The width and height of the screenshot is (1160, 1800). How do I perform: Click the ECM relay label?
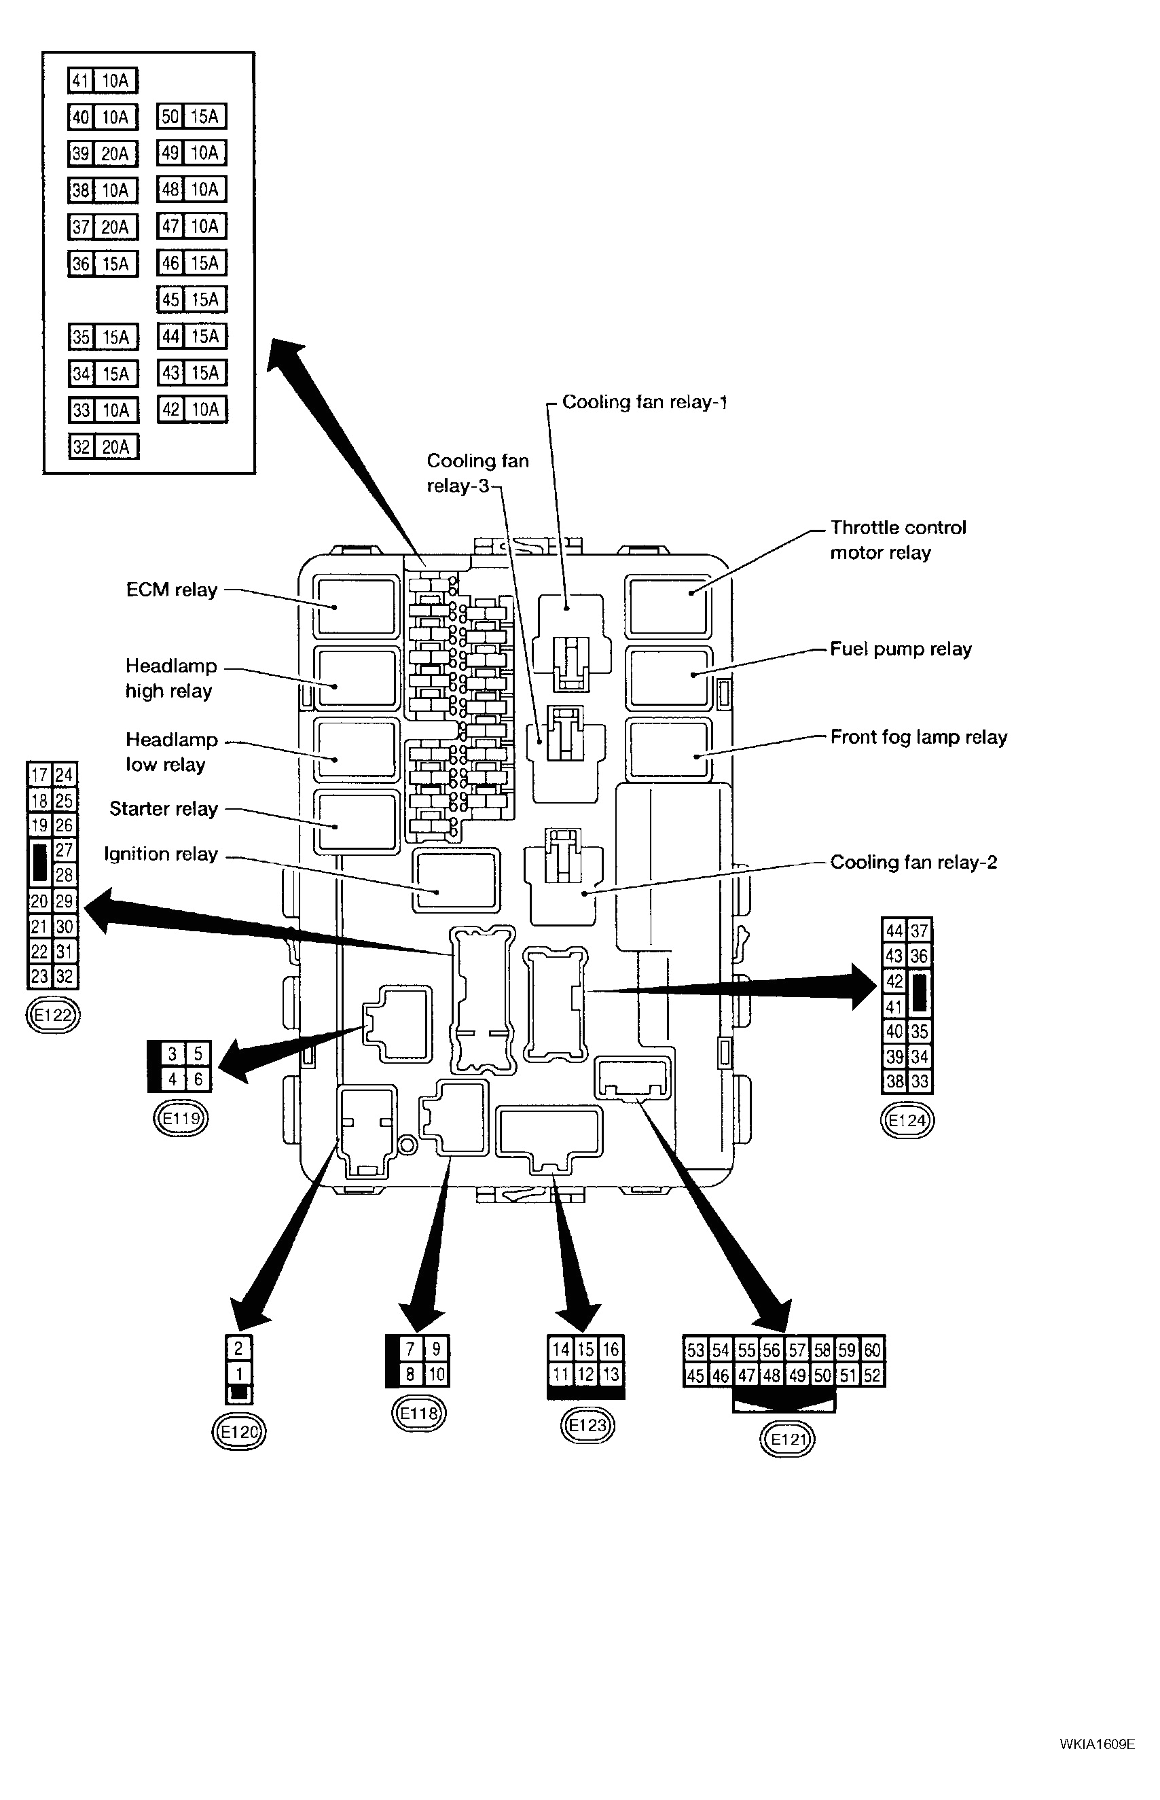point(172,590)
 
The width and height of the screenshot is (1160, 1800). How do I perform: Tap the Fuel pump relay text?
point(900,649)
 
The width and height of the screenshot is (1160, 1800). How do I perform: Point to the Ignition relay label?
point(160,853)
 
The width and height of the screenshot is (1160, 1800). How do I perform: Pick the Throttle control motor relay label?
point(897,540)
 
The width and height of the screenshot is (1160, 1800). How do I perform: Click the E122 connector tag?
point(53,1015)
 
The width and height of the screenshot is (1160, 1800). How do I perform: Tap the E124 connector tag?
point(907,1120)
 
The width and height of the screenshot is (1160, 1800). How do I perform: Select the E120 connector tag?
point(239,1432)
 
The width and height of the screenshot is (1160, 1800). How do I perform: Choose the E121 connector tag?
point(788,1440)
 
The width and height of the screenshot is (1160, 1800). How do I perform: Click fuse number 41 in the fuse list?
point(81,81)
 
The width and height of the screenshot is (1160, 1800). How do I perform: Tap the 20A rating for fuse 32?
point(116,448)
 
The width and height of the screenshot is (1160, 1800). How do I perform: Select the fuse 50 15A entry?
point(192,117)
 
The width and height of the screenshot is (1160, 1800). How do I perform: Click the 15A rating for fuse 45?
point(205,300)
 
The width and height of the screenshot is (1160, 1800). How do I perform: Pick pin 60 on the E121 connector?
point(872,1350)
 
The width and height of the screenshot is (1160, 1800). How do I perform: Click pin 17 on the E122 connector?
point(39,774)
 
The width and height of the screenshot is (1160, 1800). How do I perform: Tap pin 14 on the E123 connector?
point(560,1349)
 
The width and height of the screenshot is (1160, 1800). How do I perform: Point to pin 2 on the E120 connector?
point(239,1348)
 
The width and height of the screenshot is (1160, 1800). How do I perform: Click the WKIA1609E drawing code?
point(1097,1744)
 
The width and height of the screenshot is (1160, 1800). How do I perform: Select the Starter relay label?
point(164,808)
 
